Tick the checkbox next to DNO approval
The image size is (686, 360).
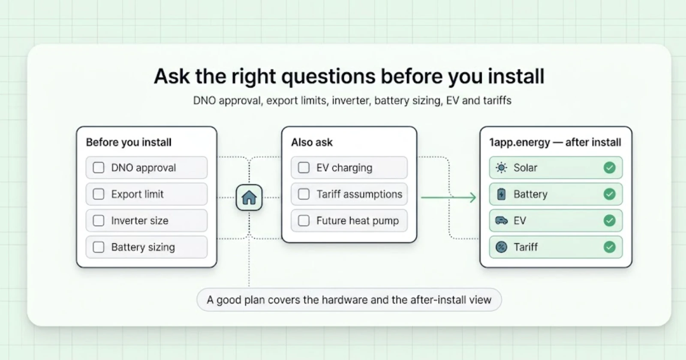[x=98, y=168]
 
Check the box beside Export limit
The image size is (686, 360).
[x=98, y=194]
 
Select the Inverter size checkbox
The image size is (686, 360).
[x=98, y=220]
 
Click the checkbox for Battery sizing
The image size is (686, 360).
[x=98, y=247]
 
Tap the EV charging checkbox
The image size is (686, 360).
[x=304, y=168]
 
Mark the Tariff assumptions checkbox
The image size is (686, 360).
[x=304, y=194]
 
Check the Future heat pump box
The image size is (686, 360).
[x=304, y=220]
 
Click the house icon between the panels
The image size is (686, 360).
[x=249, y=198]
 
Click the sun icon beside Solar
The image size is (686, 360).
[x=501, y=168]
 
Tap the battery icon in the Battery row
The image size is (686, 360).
[x=501, y=194]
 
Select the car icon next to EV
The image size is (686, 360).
[x=501, y=220]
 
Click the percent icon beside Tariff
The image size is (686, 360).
[x=501, y=247]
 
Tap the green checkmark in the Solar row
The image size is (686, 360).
[x=609, y=168]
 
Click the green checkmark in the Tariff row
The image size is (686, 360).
[x=609, y=247]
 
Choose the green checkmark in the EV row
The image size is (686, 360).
[x=609, y=220]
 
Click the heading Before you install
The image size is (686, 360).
[x=129, y=142]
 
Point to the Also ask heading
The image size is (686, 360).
[x=312, y=142]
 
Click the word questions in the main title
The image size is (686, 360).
[x=328, y=77]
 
